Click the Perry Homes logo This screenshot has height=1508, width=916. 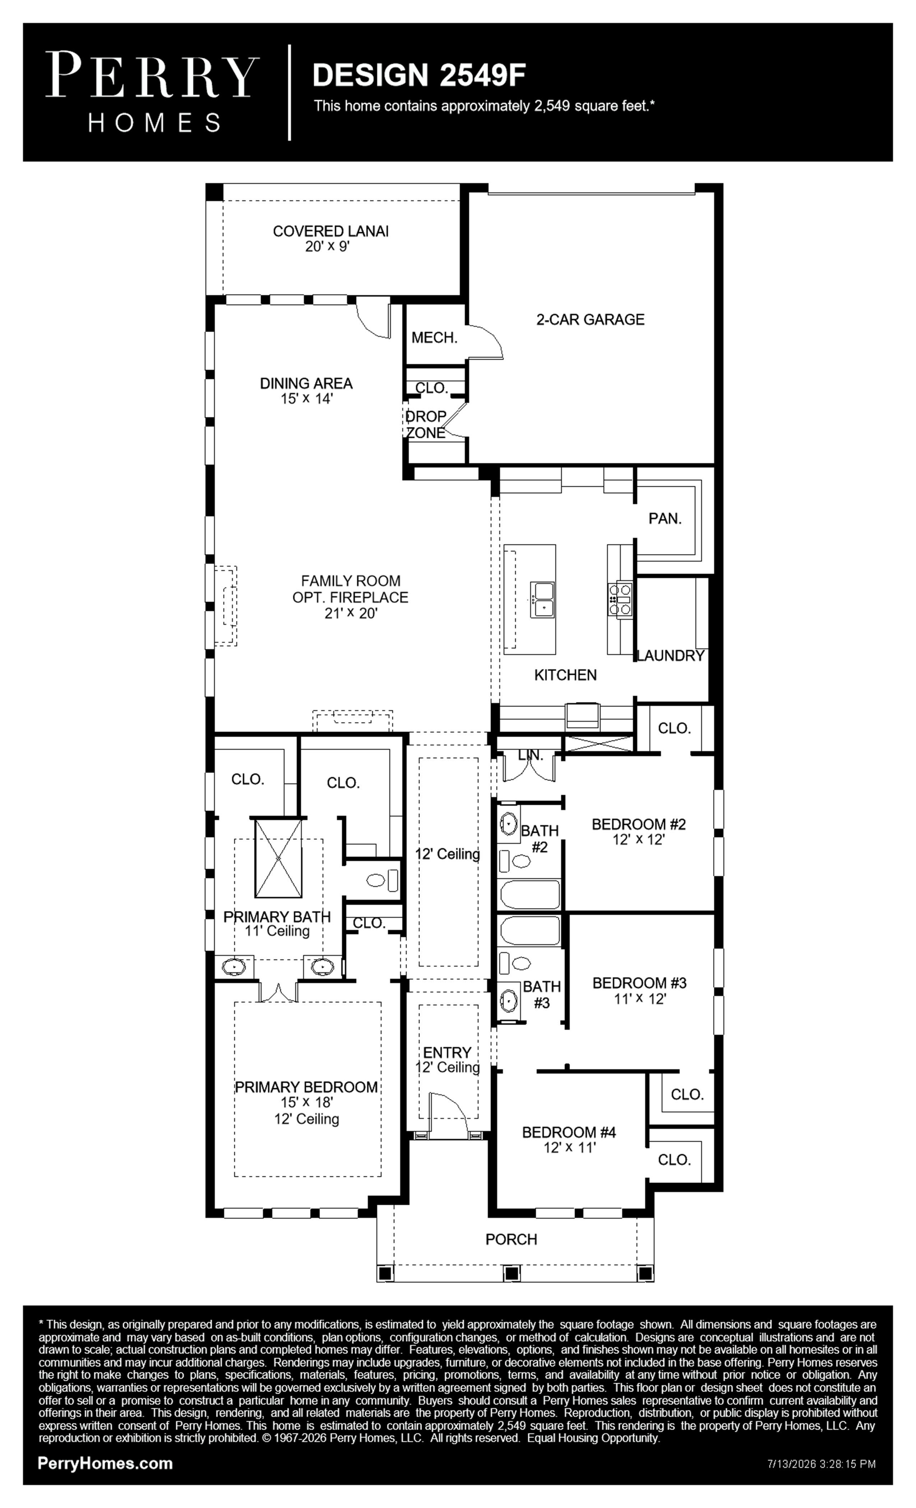coord(152,92)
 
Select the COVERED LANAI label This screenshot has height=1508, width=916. coord(330,231)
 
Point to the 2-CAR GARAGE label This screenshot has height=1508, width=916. coord(590,320)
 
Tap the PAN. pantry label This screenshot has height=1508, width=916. coord(665,518)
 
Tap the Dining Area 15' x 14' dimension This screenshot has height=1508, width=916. coord(306,399)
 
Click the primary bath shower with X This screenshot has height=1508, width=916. coord(279,858)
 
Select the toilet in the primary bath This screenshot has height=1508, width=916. coord(382,881)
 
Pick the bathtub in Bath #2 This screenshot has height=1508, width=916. coord(529,895)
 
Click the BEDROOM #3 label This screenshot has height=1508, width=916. coord(639,983)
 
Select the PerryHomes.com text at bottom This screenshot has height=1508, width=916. coord(105,1463)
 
